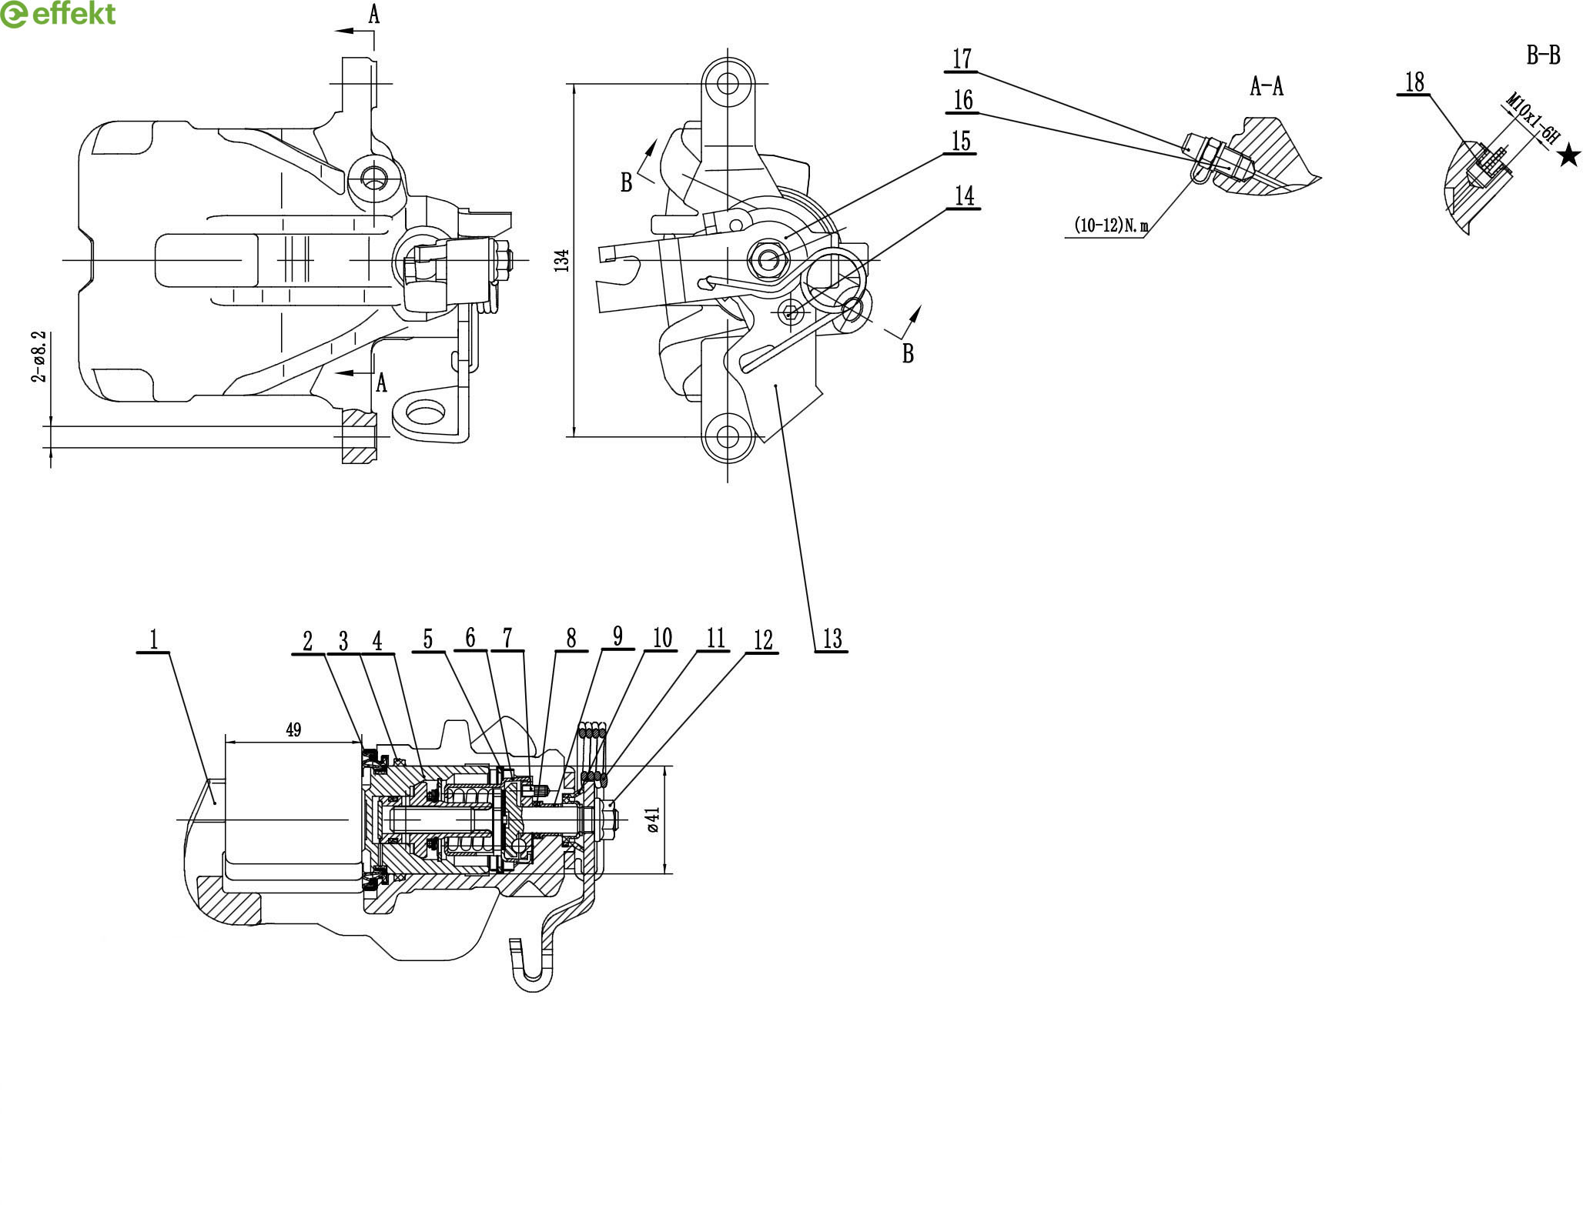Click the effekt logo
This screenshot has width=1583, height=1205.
[x=59, y=14]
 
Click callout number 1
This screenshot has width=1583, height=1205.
[x=154, y=639]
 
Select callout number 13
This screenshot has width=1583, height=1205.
[x=832, y=639]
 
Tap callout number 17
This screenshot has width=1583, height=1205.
[x=962, y=59]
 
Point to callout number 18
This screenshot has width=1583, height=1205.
[x=1415, y=82]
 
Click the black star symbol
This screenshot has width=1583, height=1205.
[x=1568, y=157]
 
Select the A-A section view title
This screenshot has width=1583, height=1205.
[x=1267, y=87]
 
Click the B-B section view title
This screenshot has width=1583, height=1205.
[x=1543, y=55]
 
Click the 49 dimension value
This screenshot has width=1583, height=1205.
[x=293, y=729]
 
